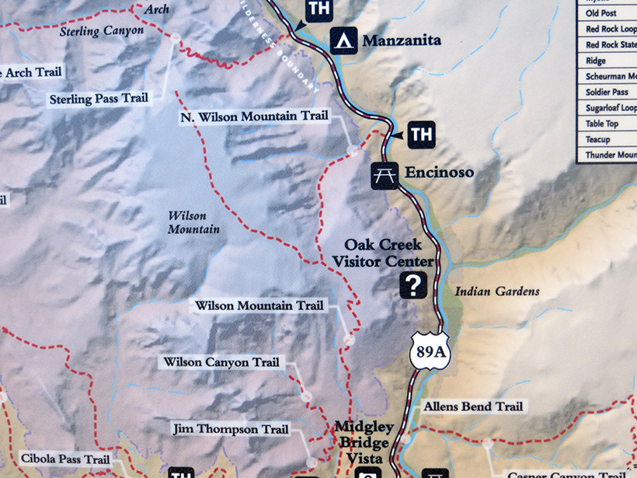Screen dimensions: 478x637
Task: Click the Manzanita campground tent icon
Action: click(x=344, y=40)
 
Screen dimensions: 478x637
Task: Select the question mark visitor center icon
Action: click(x=413, y=285)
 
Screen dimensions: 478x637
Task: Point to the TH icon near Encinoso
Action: click(x=420, y=134)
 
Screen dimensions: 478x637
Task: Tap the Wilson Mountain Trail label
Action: click(x=259, y=306)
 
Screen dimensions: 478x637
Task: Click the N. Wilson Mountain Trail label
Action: click(x=253, y=117)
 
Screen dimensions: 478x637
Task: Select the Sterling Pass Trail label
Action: click(x=99, y=99)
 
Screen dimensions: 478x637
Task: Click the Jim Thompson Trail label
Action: click(x=231, y=429)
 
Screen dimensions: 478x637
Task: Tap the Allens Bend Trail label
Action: click(x=473, y=406)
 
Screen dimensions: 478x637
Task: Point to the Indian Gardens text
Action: click(x=496, y=291)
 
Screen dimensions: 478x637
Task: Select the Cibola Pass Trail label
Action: click(x=65, y=459)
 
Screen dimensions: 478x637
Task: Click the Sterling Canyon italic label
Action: click(x=102, y=30)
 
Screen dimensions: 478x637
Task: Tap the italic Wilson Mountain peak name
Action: click(x=193, y=222)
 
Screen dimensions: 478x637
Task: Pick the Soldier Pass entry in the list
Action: click(x=607, y=92)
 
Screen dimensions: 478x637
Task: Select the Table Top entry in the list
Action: click(x=602, y=124)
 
